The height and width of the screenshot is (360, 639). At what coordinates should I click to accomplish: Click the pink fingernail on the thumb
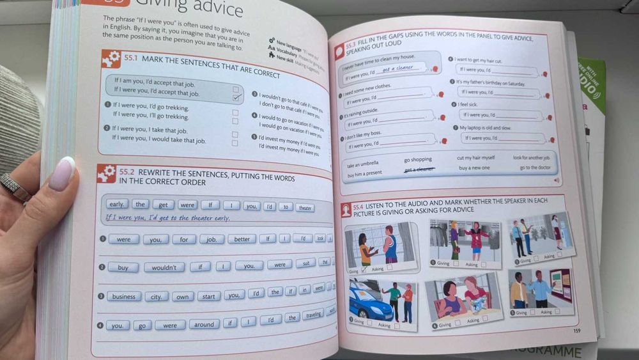click(61, 173)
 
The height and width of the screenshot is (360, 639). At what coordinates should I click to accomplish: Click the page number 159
click(576, 331)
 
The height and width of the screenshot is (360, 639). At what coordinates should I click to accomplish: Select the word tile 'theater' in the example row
click(305, 207)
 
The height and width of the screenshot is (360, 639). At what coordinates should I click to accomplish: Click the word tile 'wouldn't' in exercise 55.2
click(164, 267)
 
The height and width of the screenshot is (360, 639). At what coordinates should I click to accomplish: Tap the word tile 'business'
click(124, 296)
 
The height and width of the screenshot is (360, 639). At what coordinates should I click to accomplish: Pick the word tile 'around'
click(204, 324)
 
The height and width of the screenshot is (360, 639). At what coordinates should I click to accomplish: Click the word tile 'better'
click(241, 239)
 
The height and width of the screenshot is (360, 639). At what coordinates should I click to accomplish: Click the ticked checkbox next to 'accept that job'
click(236, 98)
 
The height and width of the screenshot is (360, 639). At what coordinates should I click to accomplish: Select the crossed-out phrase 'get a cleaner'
click(419, 169)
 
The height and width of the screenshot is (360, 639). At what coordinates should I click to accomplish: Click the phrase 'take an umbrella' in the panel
click(362, 164)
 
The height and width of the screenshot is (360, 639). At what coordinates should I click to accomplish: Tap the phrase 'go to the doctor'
click(534, 168)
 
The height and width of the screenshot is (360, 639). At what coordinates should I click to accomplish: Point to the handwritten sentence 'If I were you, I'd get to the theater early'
click(167, 217)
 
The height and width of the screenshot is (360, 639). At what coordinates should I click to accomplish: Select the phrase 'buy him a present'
click(364, 173)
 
